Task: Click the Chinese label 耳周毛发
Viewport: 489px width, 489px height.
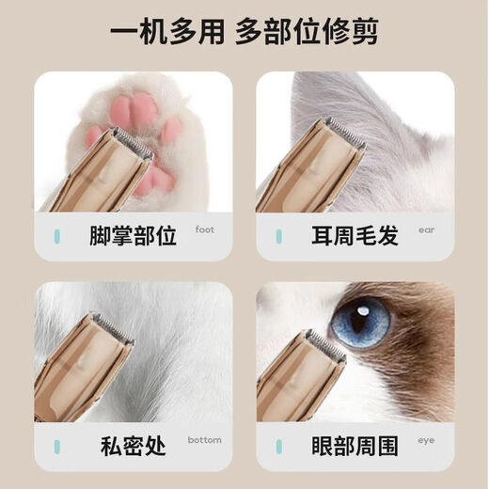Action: [x=354, y=235]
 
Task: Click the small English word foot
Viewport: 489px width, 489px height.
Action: [x=205, y=229]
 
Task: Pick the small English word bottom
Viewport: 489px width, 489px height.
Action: [x=204, y=439]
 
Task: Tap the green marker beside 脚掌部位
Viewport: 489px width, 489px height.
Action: [x=57, y=235]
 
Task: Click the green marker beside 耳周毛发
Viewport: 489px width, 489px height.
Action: [x=278, y=235]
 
